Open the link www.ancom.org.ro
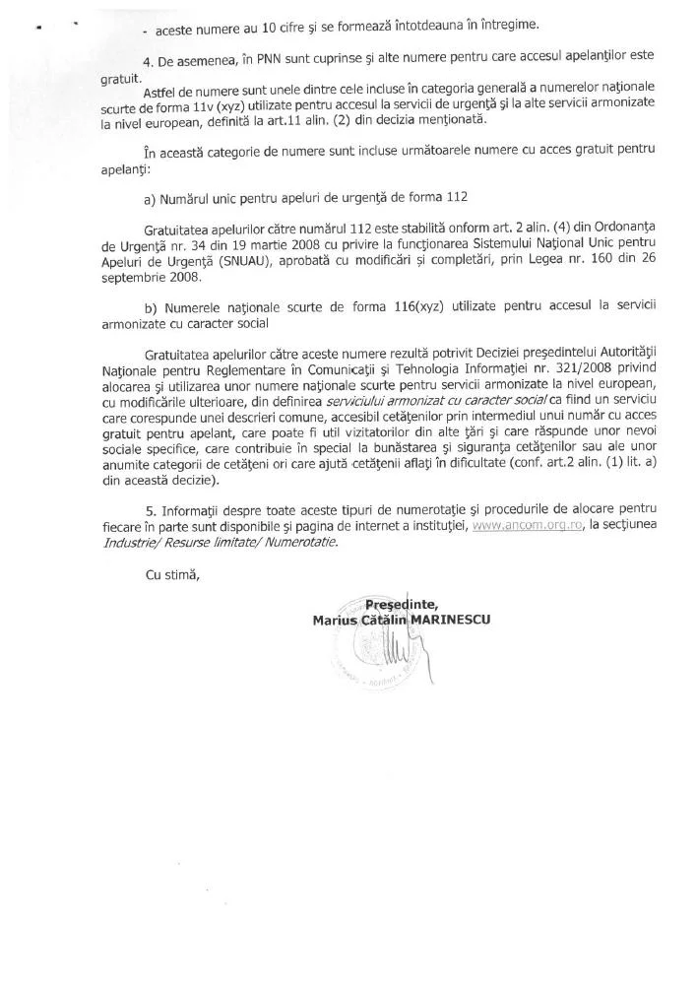519,527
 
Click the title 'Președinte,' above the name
401,604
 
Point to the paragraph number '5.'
150,512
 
